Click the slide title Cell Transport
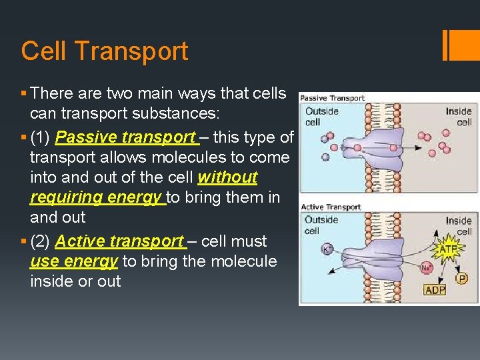click(x=105, y=51)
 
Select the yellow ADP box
click(x=435, y=290)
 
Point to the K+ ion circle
click(x=327, y=248)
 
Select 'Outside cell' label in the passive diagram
click(x=322, y=117)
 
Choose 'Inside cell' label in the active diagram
click(x=459, y=225)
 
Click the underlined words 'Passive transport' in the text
click(x=126, y=138)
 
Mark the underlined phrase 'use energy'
click(x=74, y=261)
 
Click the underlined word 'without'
click(x=227, y=178)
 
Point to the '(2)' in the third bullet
click(x=41, y=241)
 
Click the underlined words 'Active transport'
click(x=120, y=241)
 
